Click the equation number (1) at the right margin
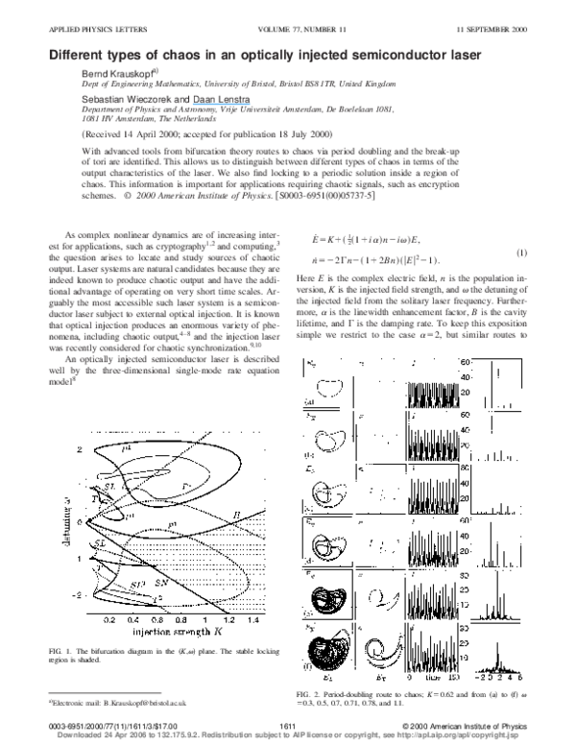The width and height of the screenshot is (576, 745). tap(519, 252)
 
